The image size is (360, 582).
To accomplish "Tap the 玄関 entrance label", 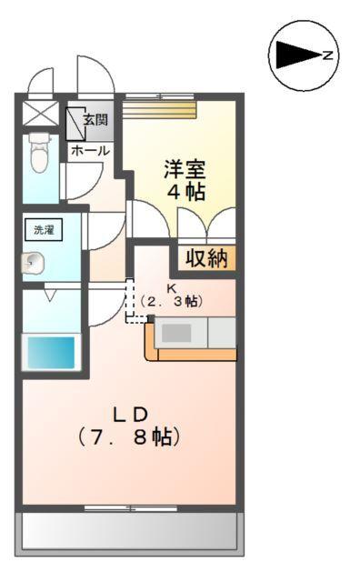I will pos(96,119).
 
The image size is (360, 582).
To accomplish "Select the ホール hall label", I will pos(90,150).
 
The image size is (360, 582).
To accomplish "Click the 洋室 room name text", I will pos(185,168).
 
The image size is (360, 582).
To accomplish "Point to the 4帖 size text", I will pos(185,192).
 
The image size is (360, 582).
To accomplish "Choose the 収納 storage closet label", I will pos(206,258).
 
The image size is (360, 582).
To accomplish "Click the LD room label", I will pos(130,414).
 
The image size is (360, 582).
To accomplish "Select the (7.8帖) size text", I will pos(130,436).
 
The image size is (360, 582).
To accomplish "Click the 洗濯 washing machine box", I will pos(44,230).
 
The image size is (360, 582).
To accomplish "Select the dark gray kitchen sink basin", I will pos(176,333).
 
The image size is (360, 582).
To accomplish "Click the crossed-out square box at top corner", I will pos(39,115).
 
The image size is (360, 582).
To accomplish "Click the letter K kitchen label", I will pos(170,287).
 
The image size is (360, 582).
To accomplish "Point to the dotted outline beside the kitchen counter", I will pos(134,307).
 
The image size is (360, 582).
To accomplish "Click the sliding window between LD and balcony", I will pos(130,507).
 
